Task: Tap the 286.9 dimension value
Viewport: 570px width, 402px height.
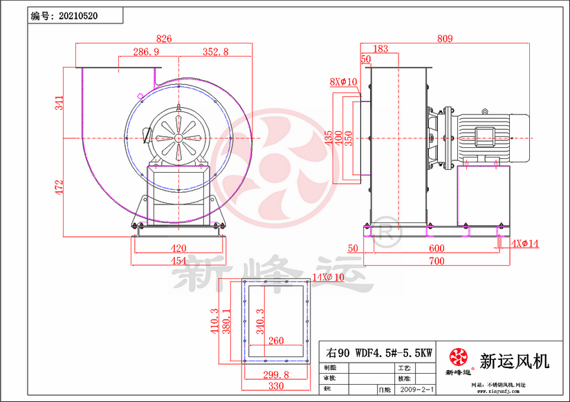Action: pos(146,52)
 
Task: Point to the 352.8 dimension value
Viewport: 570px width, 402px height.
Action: pos(216,52)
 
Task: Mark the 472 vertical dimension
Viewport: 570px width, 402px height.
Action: pos(59,186)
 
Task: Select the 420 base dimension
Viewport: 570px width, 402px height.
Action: pos(179,249)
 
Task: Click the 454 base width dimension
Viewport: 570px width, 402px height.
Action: pos(179,260)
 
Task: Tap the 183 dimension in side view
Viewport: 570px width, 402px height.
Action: pos(380,49)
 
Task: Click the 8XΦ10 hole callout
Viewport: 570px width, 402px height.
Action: pos(343,82)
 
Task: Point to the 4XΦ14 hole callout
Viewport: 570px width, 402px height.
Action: pos(525,243)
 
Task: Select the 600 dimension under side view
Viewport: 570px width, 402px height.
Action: pos(436,249)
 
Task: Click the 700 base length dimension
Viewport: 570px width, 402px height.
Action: pos(436,261)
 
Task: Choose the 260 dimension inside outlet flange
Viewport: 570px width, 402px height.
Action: pos(275,341)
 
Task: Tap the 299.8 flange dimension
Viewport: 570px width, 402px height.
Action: pos(275,374)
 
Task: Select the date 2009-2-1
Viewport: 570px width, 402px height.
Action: pos(416,390)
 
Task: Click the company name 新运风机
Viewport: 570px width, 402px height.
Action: pos(514,360)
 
